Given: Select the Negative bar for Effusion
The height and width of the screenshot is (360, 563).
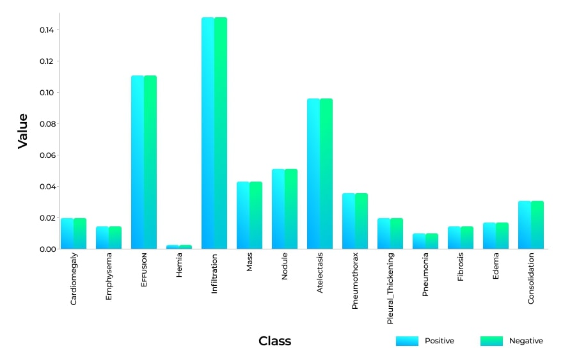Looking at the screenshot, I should click(150, 162).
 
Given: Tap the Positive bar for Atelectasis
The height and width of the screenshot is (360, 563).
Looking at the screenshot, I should click(313, 174).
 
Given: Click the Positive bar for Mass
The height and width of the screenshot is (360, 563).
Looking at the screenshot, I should click(243, 215).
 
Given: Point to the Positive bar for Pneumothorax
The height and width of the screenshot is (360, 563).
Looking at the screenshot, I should click(349, 221).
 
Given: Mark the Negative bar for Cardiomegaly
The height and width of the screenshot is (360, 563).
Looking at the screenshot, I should click(80, 233).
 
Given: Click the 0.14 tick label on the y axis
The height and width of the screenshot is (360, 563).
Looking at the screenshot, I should click(45, 30).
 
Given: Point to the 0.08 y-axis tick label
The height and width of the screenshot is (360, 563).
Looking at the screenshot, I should click(45, 124).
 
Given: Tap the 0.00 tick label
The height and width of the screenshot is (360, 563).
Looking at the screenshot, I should click(45, 249).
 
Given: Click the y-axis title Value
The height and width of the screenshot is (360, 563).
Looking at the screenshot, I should click(23, 130).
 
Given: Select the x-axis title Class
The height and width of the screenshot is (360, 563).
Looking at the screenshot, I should click(274, 341).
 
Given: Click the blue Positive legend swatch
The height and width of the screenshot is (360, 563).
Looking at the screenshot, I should click(407, 341).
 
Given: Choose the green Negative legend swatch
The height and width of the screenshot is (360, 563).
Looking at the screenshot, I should click(491, 341).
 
